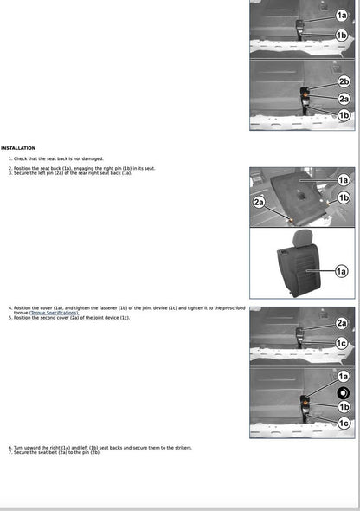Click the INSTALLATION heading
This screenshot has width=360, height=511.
pos(18,148)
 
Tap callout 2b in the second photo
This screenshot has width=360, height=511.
pos(344,81)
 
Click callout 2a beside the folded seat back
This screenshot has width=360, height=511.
pos(260,201)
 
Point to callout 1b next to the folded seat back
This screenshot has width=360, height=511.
pos(344,197)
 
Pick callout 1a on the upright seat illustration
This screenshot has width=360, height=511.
pos(342,272)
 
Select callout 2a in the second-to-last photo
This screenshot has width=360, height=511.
pos(342,323)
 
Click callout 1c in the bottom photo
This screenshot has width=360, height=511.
pos(344,423)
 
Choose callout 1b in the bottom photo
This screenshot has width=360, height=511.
pos(344,407)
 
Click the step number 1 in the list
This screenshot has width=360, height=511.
pos(10,159)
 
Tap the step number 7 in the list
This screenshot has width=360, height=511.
pos(10,452)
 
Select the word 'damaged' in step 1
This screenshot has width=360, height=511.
pos(91,159)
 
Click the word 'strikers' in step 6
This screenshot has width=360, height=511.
pos(180,448)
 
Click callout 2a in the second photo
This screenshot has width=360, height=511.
pos(344,100)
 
